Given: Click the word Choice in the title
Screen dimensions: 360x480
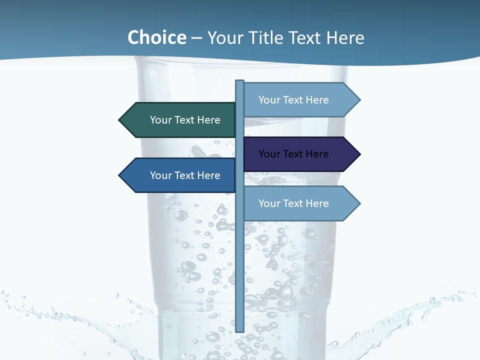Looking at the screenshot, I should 156,37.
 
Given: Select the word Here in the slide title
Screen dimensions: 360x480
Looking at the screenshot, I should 345,37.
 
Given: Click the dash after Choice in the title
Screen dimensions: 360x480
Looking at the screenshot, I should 196,38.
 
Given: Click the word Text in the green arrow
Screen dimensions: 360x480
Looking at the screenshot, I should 185,120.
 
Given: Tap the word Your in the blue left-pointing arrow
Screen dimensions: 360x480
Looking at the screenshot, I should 160,175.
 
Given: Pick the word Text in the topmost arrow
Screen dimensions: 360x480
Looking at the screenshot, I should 293,100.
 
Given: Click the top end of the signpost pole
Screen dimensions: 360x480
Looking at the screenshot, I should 239,82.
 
